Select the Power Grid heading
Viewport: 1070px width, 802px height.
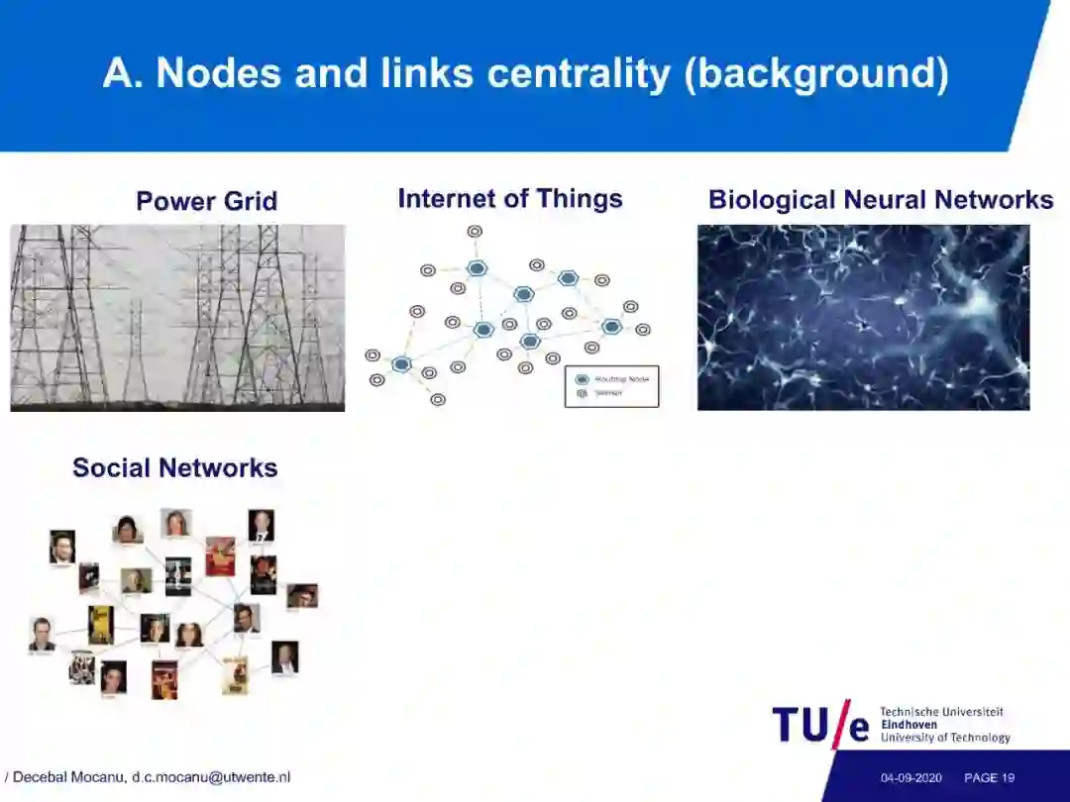coord(206,201)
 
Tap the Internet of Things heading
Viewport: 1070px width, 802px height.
coord(509,198)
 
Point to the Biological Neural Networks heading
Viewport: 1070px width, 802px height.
coord(880,199)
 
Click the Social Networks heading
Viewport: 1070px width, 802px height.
coord(174,467)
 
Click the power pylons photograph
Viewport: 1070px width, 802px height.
coord(177,317)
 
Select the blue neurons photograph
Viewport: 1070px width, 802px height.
coord(863,317)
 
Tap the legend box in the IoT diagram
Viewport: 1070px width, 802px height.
coord(611,386)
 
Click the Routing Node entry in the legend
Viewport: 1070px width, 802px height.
coord(614,379)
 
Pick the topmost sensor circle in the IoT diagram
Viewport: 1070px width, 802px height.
coord(475,232)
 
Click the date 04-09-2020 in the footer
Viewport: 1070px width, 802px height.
coord(911,778)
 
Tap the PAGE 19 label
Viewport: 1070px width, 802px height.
coord(989,778)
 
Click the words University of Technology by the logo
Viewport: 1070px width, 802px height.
coord(944,738)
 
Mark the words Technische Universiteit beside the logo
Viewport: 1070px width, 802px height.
coord(941,712)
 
